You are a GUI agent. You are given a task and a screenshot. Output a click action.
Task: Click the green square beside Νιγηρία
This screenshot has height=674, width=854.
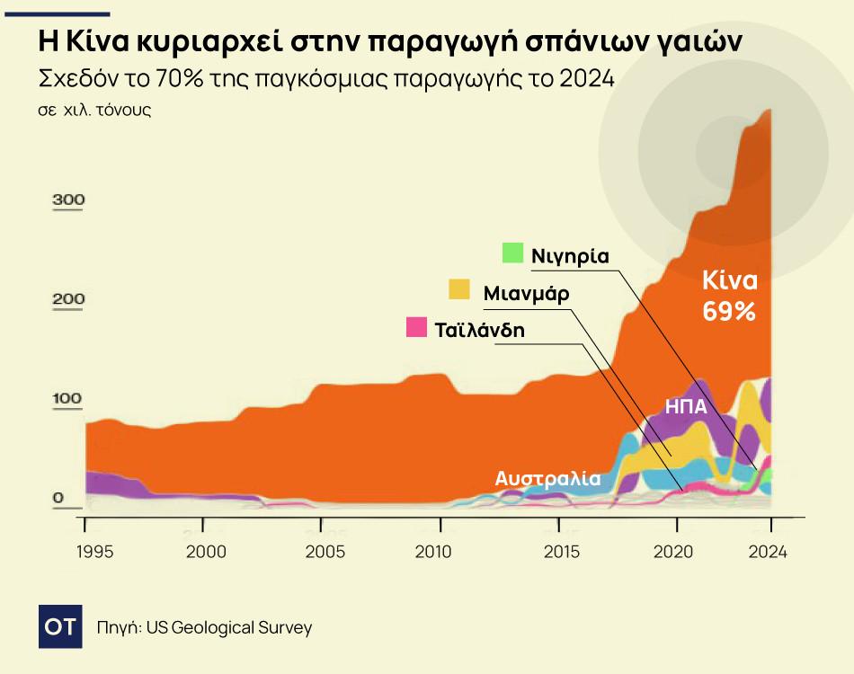click(513, 253)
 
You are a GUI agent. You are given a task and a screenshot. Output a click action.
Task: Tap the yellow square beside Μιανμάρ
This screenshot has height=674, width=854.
click(459, 289)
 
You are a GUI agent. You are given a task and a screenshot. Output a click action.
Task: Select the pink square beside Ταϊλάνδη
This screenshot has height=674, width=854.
click(416, 327)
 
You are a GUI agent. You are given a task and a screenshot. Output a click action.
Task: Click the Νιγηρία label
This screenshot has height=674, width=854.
click(570, 256)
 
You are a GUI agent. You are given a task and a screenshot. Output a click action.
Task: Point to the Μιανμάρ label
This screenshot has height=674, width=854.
click(526, 294)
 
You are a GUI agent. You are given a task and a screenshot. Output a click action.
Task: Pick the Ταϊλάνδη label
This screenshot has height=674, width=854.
click(479, 330)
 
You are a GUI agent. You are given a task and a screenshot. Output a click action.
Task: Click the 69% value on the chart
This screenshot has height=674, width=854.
click(729, 312)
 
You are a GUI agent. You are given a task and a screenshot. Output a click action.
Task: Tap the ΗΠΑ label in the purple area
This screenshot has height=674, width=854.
click(686, 405)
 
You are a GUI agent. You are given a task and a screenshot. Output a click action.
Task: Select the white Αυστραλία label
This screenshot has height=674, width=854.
click(547, 479)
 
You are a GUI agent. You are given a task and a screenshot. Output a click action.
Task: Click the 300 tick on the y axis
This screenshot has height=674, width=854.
click(68, 200)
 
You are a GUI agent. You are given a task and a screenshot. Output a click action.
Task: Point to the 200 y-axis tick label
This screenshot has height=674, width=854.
click(68, 299)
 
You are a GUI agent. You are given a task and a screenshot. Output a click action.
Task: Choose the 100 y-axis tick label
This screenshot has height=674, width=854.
click(68, 398)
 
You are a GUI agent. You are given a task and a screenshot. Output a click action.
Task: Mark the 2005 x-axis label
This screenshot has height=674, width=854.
click(322, 551)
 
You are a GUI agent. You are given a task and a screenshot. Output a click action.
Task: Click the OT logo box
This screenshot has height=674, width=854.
click(61, 626)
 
